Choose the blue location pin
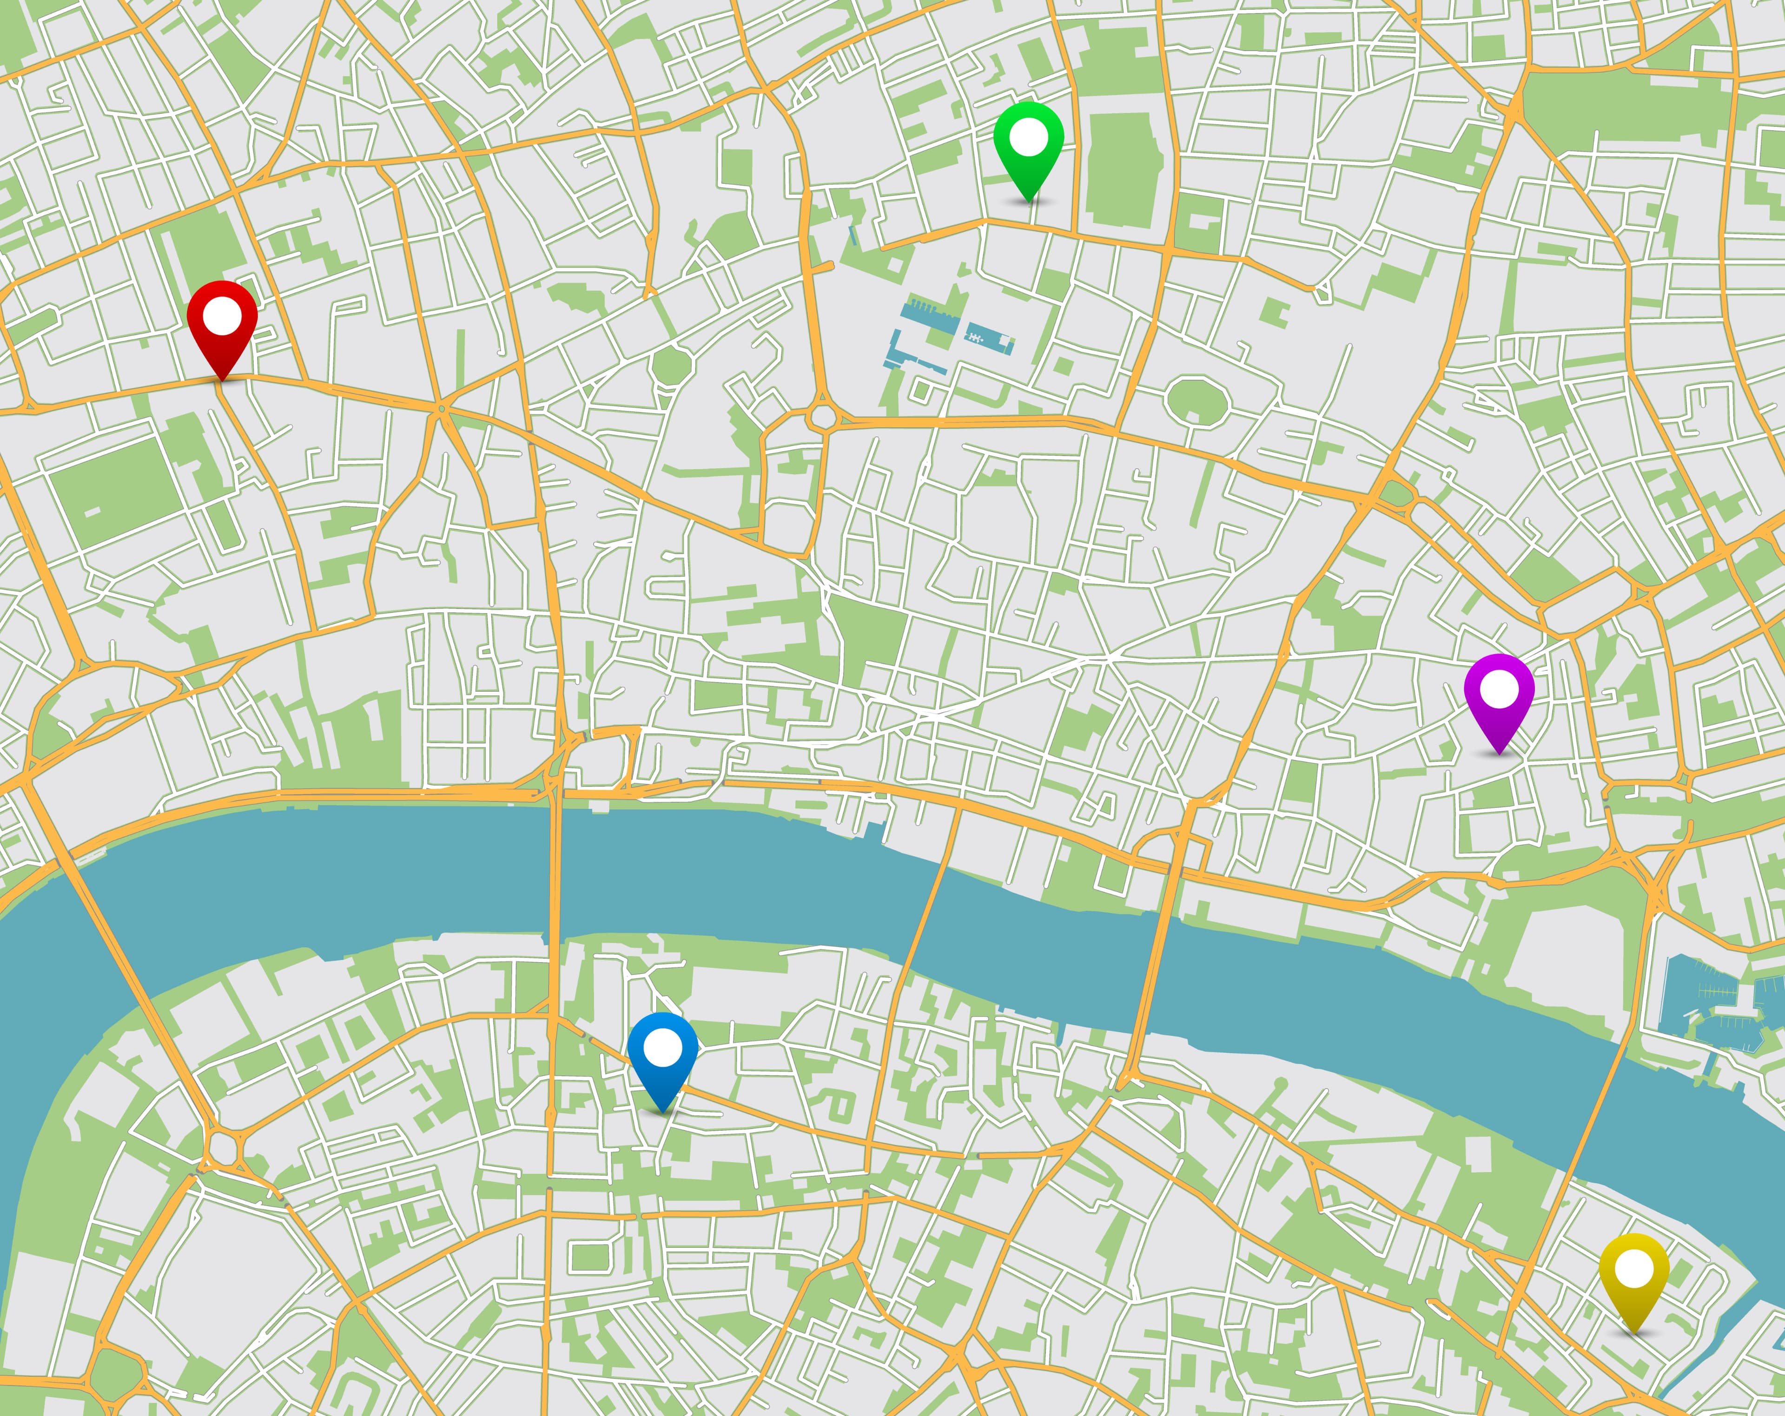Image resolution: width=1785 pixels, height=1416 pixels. click(662, 1055)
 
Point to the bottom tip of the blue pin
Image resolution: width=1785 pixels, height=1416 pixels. click(662, 1111)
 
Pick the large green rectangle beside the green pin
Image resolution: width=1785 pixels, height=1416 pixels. click(1119, 170)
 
